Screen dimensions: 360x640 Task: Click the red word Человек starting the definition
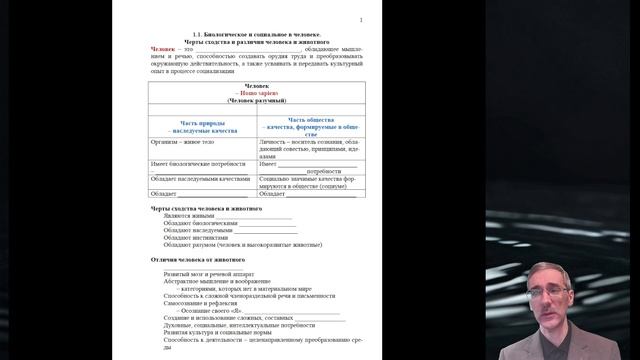[164, 48]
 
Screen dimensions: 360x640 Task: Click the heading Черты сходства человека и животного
[206, 208]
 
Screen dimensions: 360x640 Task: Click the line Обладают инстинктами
[195, 236]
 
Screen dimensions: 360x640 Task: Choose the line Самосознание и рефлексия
[201, 303]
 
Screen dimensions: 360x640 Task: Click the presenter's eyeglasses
[556, 290]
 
